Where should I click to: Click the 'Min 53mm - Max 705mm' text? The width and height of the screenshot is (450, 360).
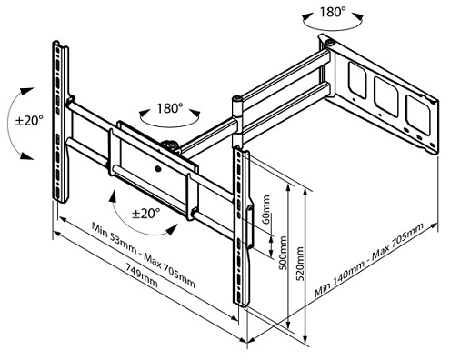coord(144,253)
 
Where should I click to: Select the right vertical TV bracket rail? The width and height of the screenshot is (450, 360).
coord(243,227)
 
